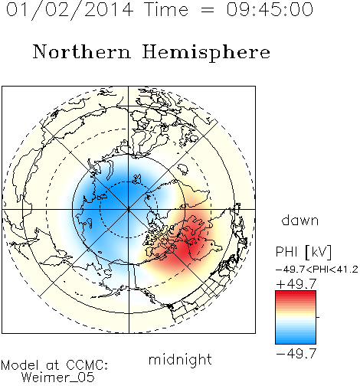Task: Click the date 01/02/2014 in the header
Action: [x=70, y=10]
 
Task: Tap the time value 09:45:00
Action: [x=270, y=9]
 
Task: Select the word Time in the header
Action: [x=166, y=9]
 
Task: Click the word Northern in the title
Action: [x=82, y=51]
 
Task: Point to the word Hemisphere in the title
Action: [x=206, y=53]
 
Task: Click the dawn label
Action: [x=300, y=220]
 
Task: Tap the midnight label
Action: [x=180, y=360]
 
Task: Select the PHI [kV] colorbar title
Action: [x=303, y=252]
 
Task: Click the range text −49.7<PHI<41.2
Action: [x=317, y=270]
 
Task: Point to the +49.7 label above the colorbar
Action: [x=296, y=284]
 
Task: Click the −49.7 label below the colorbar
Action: [x=296, y=354]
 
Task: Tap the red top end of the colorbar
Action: [x=296, y=293]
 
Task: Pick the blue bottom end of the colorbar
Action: [x=296, y=342]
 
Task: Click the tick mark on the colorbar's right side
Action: [x=318, y=317]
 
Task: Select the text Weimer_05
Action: [x=58, y=378]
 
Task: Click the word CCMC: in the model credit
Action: [x=87, y=365]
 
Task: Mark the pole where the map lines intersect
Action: [x=129, y=210]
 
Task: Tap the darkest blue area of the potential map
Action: [x=120, y=193]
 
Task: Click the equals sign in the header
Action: [x=208, y=10]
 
